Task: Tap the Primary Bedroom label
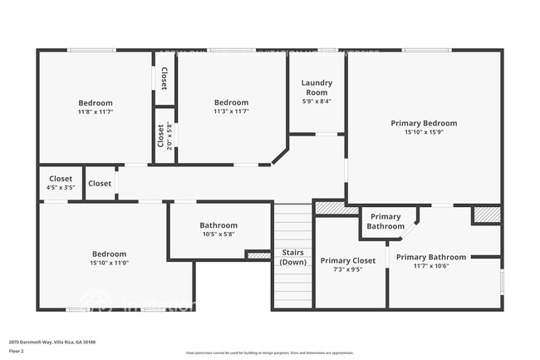[424, 123]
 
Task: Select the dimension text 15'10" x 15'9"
[424, 131]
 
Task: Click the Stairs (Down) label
[292, 257]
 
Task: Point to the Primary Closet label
[348, 260]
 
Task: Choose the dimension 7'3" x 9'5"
[348, 269]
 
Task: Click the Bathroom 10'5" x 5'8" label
[218, 225]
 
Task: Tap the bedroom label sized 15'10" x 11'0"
[110, 254]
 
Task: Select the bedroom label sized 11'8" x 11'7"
[96, 102]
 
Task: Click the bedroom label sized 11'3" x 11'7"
[231, 102]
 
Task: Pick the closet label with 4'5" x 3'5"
[61, 179]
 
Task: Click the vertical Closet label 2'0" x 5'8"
[160, 136]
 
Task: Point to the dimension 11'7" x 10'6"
[430, 266]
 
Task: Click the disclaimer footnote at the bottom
[269, 353]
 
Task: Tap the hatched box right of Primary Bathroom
[487, 215]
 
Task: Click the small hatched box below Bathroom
[259, 255]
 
